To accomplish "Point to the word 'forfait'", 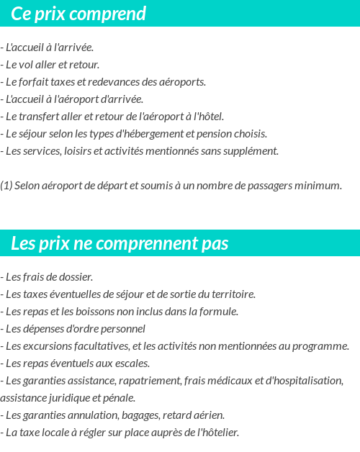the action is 36,82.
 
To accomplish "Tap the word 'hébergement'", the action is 152,134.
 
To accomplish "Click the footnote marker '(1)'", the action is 6,186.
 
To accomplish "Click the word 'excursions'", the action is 46,346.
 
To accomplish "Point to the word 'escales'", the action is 131,363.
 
